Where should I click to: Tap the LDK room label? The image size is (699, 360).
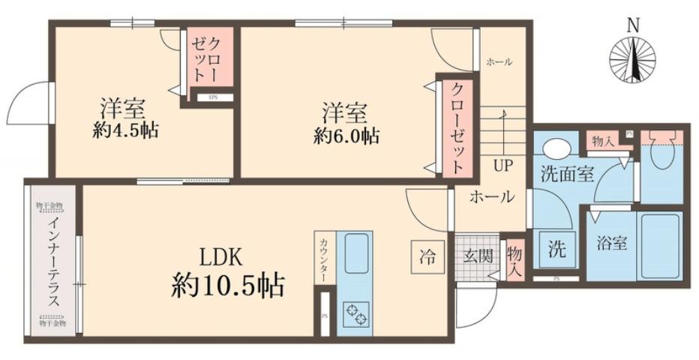click(219, 256)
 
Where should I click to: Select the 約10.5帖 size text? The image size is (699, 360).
click(227, 285)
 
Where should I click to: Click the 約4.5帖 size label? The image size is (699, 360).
click(125, 129)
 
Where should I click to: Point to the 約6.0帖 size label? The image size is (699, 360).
click(346, 136)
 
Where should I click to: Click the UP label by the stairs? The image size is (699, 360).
click(502, 165)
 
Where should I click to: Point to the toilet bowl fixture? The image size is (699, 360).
click(661, 154)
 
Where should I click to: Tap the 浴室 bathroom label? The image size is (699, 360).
click(612, 244)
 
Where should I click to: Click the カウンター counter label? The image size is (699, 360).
click(323, 259)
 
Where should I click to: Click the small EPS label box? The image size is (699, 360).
click(213, 97)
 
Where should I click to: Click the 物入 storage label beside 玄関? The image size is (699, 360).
click(514, 257)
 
